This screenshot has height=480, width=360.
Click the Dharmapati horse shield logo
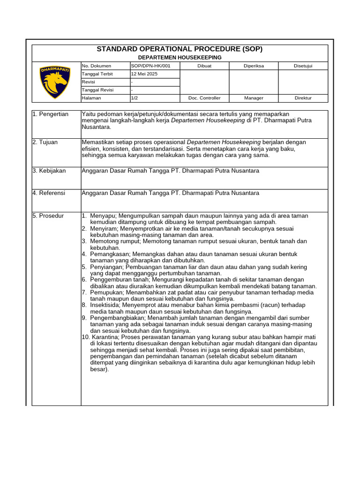point(55,82)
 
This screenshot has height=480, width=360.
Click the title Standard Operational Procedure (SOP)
point(180,49)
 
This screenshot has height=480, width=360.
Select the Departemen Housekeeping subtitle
point(180,57)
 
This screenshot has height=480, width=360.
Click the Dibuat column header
point(204,66)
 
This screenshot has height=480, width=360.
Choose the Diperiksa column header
point(254,66)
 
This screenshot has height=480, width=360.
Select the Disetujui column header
point(303,66)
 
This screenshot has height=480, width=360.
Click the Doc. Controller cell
point(204,98)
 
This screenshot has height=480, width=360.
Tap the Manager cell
point(254,98)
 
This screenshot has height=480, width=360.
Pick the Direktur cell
point(303,98)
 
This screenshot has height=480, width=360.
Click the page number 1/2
point(135,98)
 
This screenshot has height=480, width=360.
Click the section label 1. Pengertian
point(51,114)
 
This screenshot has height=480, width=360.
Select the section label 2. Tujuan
point(45,142)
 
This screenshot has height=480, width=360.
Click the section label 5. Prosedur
point(48,216)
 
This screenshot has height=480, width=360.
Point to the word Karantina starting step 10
point(104,337)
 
